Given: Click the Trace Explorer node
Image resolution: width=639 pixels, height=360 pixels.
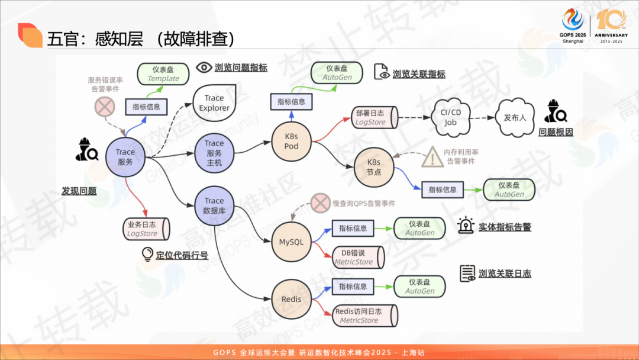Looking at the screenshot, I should pos(214,103).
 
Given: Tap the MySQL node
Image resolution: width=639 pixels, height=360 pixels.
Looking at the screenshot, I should pos(291,242).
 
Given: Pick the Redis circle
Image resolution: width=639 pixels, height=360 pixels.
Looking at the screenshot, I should pos(291,299).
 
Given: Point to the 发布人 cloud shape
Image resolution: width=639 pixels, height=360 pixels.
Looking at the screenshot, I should pos(515,117).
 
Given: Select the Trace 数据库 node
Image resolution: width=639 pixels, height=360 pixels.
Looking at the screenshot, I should pos(214,205).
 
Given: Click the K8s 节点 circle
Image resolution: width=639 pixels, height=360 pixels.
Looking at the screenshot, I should pos(374,167).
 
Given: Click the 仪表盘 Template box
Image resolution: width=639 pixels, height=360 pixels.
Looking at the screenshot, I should pos(163,74).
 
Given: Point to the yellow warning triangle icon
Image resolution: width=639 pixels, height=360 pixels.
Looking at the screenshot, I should pos(433,157).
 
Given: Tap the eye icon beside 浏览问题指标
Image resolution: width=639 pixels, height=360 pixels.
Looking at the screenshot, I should pos(204,67).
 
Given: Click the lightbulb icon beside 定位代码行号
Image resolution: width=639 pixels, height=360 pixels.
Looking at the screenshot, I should pos(147,255).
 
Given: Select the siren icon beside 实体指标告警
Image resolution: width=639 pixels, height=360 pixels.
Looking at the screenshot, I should pos(466,226).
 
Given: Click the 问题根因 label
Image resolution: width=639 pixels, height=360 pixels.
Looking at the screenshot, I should pos(556,132).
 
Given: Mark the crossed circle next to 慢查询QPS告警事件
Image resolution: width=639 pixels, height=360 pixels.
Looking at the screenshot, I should pos(320,204).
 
